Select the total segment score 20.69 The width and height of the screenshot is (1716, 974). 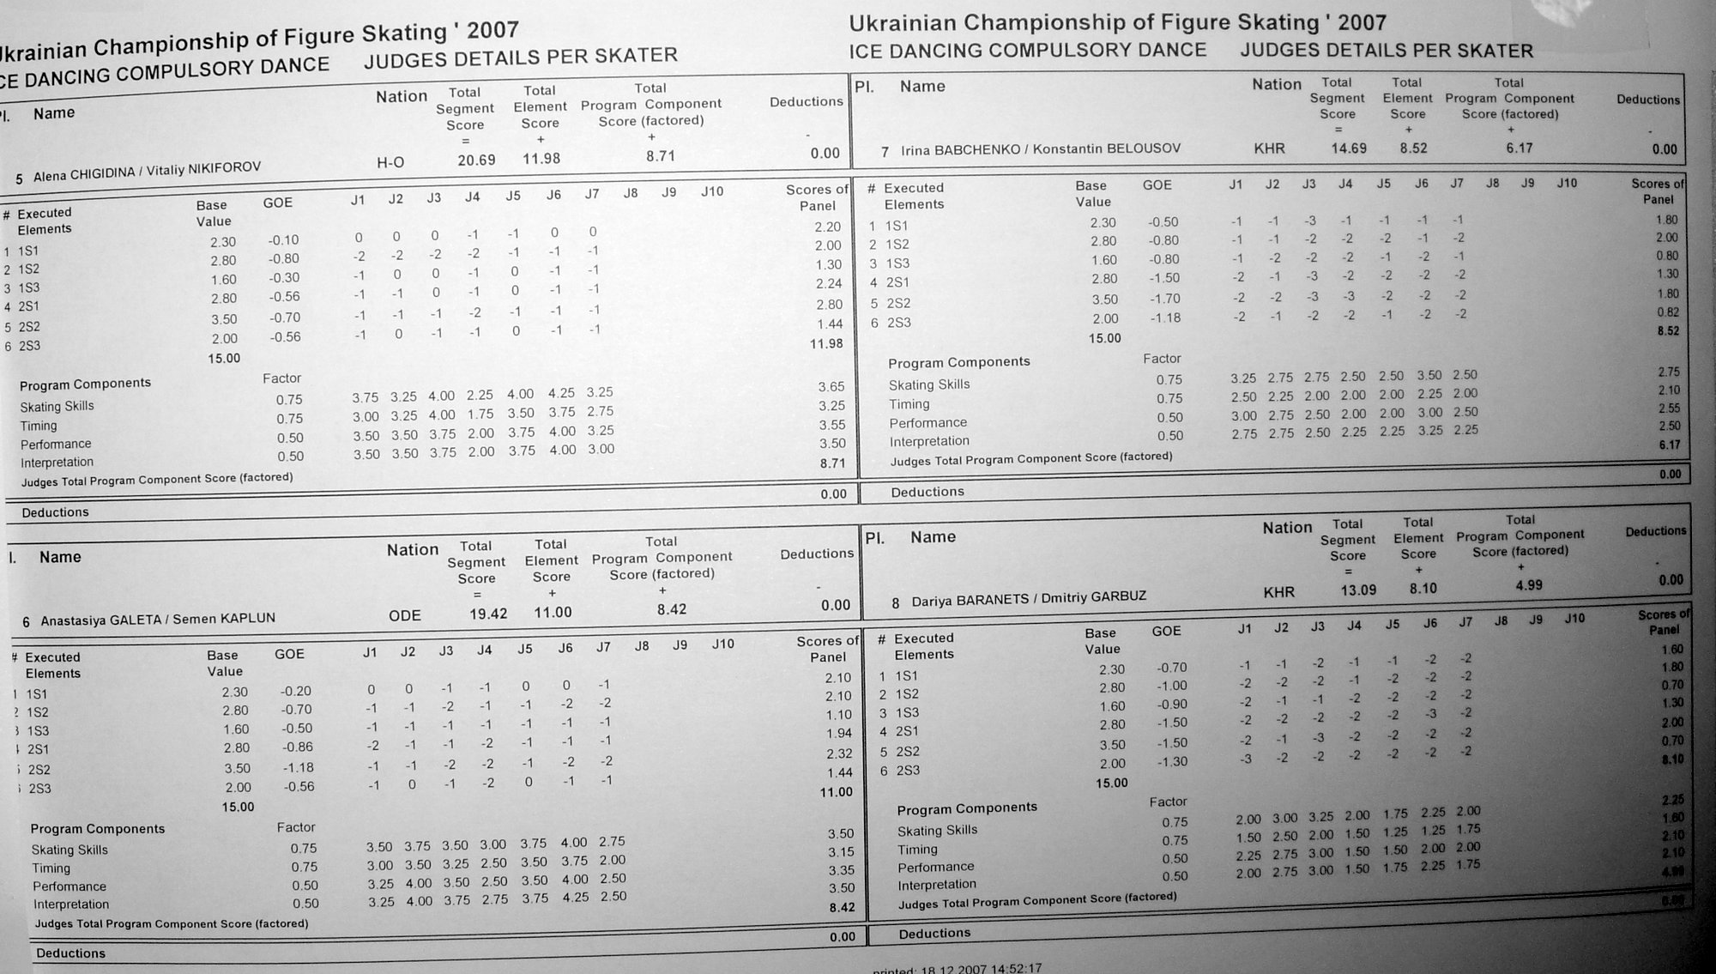[x=476, y=160]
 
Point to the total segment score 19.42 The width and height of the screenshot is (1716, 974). [x=488, y=614]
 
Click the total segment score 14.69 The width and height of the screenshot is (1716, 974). [x=1348, y=148]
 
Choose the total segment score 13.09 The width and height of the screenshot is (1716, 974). [x=1358, y=590]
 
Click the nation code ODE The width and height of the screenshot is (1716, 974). [x=404, y=615]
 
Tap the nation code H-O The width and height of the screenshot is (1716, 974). [x=390, y=162]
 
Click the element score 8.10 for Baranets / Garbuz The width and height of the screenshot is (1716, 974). [x=1423, y=589]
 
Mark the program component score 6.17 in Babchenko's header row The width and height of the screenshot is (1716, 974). [x=1519, y=148]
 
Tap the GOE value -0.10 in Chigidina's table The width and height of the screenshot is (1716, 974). [x=283, y=240]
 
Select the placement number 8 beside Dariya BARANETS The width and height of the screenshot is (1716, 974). [x=895, y=603]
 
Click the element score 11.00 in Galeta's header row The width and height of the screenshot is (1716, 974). [x=553, y=612]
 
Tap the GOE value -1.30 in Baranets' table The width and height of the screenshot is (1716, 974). [x=1173, y=762]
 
